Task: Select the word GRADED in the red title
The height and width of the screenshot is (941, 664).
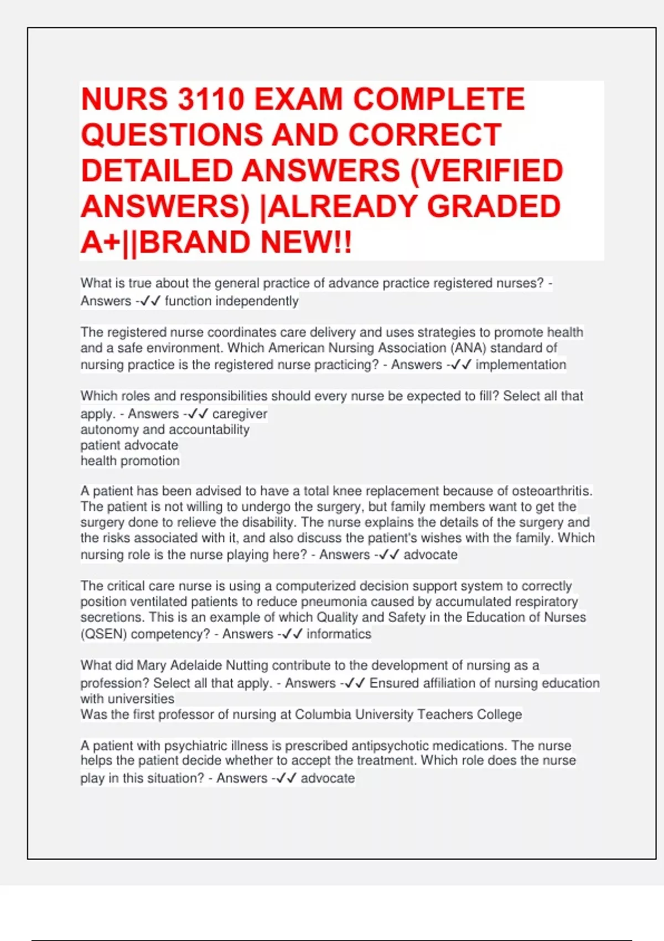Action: (494, 206)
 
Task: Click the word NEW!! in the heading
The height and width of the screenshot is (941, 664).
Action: (306, 242)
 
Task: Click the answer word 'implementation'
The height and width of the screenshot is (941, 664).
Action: (521, 365)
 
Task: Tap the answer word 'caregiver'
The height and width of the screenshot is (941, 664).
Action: (240, 414)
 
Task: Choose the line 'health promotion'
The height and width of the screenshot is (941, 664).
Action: (130, 461)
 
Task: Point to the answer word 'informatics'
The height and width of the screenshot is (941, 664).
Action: (339, 634)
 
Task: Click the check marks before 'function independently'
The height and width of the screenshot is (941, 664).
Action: (150, 301)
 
